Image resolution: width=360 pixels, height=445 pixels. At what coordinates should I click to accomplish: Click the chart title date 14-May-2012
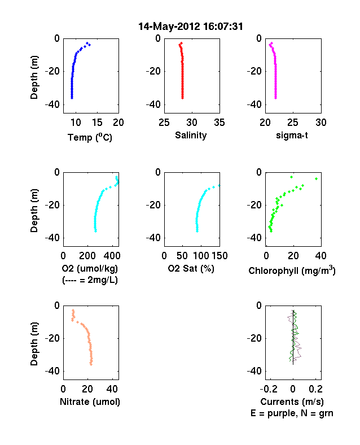169,27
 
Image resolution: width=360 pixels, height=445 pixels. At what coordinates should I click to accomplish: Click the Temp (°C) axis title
90,137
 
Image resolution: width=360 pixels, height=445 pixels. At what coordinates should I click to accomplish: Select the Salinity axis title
191,136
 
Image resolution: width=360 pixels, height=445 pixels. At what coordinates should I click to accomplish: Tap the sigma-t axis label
292,136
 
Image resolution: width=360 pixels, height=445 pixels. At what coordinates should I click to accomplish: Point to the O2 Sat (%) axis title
191,268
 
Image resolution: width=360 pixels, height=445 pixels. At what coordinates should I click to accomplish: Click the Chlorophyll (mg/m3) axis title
292,271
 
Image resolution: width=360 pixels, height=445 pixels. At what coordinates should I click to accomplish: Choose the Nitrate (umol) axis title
90,402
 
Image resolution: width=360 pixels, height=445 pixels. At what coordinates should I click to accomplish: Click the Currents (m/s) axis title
292,402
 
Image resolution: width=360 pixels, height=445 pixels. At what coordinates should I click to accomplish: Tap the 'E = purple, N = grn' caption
292,413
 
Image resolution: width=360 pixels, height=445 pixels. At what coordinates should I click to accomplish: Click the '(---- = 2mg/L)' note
90,280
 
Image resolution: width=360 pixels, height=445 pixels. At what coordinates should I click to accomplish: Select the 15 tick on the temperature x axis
97,123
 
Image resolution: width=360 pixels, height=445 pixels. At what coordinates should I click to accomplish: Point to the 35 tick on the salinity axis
219,123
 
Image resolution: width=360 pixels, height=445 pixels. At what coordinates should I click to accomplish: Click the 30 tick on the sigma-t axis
321,123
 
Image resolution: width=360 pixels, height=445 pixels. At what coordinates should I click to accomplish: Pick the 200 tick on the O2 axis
87,256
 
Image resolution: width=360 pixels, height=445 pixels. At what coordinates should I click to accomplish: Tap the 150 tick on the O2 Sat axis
219,256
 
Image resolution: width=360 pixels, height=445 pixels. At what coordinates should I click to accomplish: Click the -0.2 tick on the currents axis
269,389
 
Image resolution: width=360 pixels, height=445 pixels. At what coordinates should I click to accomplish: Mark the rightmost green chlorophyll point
317,179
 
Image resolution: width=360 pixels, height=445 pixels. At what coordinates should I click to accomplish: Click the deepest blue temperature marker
72,98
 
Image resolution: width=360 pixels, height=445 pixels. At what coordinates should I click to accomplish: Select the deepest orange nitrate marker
91,364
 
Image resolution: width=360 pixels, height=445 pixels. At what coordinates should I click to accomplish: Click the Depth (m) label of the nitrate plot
34,344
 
